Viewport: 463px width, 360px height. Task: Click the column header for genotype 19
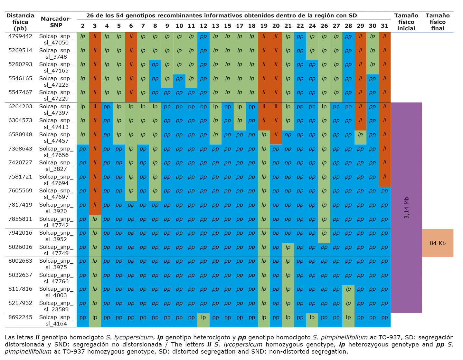click(x=264, y=26)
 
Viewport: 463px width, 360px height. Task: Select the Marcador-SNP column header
click(x=56, y=22)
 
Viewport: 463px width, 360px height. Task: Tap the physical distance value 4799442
click(x=20, y=36)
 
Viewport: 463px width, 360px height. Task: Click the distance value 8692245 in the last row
click(x=20, y=317)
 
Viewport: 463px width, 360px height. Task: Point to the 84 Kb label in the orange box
click(x=438, y=243)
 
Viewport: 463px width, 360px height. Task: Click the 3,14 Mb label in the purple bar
click(x=406, y=208)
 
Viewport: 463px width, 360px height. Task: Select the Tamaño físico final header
click(x=438, y=22)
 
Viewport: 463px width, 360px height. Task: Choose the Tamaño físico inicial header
click(x=406, y=22)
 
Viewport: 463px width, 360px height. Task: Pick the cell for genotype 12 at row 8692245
click(x=203, y=317)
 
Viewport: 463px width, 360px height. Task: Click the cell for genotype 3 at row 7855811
click(x=95, y=219)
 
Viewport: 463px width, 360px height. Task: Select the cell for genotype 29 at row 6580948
click(x=360, y=135)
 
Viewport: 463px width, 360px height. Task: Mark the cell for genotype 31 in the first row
click(x=384, y=36)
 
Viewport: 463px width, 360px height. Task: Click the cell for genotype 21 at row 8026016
click(x=288, y=247)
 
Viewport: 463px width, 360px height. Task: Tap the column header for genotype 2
click(x=83, y=26)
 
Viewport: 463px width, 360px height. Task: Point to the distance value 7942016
click(x=20, y=233)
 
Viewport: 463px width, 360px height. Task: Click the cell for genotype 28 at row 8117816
click(x=348, y=289)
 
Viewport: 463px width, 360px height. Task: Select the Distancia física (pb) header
click(x=20, y=22)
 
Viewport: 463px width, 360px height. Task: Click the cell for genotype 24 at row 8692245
click(x=312, y=317)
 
